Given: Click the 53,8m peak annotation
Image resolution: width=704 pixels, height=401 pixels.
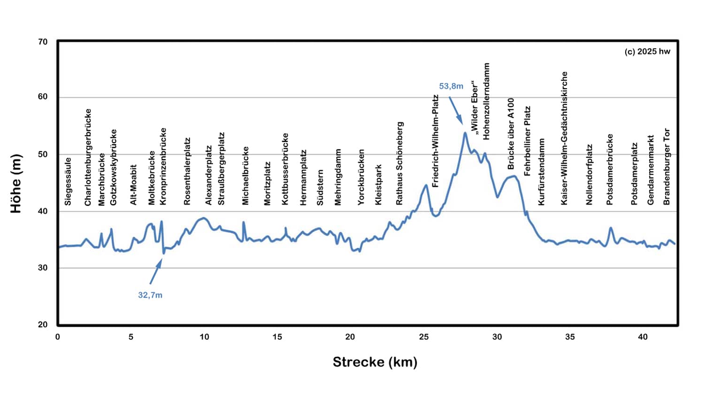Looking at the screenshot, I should pos(451,86).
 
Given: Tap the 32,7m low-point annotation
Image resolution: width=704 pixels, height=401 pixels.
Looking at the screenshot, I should pos(150,295).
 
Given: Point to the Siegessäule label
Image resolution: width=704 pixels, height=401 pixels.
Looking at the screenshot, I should pos(68,181).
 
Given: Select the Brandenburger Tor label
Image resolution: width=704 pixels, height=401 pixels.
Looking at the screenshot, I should pos(667,167).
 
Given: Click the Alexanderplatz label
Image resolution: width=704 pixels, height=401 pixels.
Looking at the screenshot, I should pos(209,175).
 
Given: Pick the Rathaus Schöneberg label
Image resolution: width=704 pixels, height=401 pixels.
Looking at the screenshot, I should pos(400,163).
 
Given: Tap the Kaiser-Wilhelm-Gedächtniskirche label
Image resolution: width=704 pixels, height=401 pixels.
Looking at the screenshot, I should pos(565,138).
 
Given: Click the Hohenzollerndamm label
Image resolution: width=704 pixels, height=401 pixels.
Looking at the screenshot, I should pos(487,101).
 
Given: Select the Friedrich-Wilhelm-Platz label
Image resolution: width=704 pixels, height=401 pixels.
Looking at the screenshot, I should pos(436,141).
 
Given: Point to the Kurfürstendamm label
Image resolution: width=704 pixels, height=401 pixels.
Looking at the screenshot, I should pos(542,172).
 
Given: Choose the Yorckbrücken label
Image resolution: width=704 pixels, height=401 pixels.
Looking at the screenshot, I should pos(361,177).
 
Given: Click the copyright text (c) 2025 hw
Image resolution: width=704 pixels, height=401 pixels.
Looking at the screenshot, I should pos(647,52).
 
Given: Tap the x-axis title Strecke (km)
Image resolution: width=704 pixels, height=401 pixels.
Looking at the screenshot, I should pos(375,362).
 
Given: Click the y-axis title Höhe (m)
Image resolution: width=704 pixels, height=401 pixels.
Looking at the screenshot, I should pos(16,184).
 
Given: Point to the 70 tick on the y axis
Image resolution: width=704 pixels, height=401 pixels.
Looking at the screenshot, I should pos(43,42).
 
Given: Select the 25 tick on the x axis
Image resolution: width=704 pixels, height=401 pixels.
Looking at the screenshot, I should pos(424,337).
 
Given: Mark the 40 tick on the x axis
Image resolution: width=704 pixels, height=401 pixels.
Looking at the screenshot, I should pos(643,337).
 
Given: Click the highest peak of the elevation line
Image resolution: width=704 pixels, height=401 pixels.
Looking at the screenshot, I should pos(465,133).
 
